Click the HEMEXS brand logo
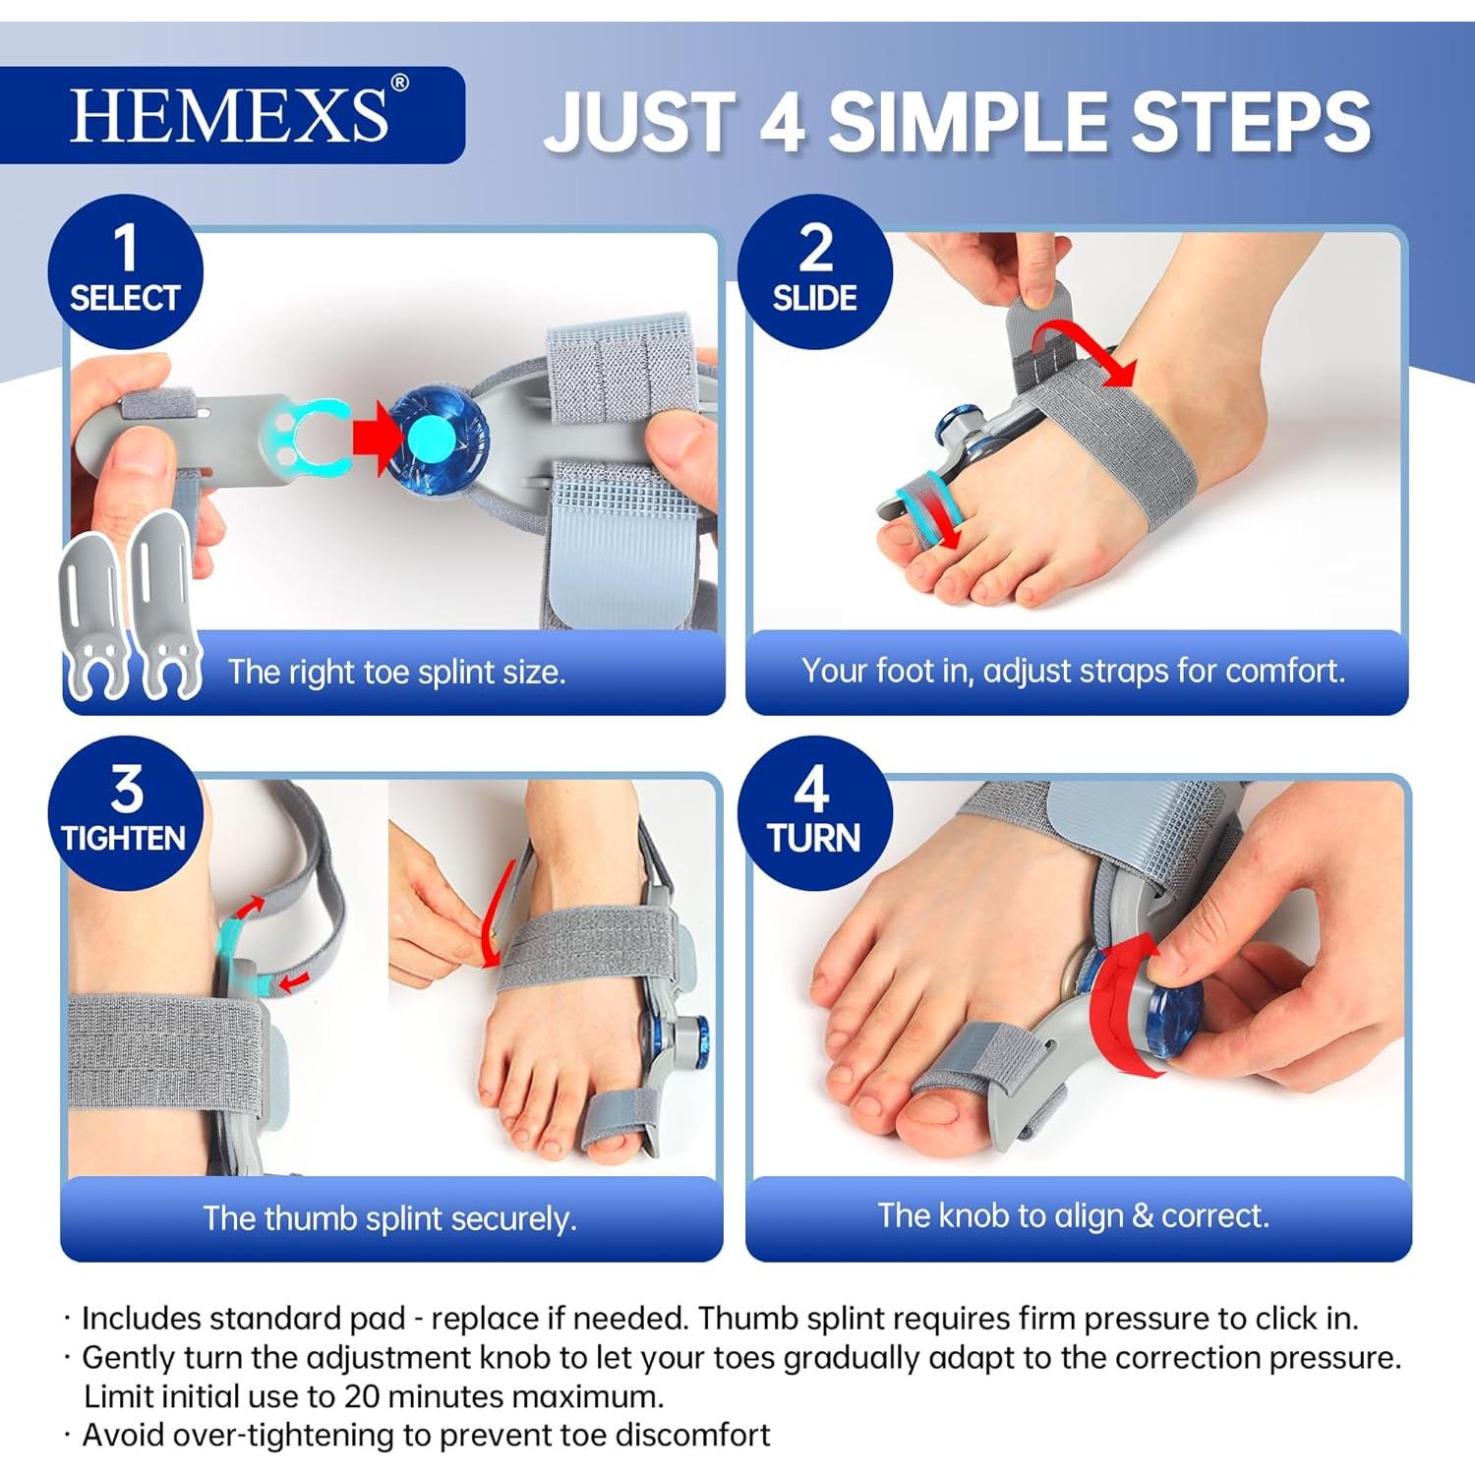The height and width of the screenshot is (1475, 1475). click(x=229, y=115)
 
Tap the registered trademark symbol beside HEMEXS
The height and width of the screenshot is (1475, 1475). click(x=399, y=84)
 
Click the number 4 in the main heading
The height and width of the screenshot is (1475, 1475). click(x=783, y=122)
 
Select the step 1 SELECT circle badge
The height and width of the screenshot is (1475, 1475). click(x=125, y=271)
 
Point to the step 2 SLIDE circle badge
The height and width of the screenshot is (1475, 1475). click(x=814, y=271)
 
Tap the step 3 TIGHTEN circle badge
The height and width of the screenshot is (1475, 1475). click(x=125, y=812)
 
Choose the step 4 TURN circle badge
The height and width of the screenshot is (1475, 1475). click(x=814, y=812)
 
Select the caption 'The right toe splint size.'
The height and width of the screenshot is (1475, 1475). click(x=396, y=673)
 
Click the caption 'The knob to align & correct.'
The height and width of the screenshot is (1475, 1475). click(x=1073, y=1215)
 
